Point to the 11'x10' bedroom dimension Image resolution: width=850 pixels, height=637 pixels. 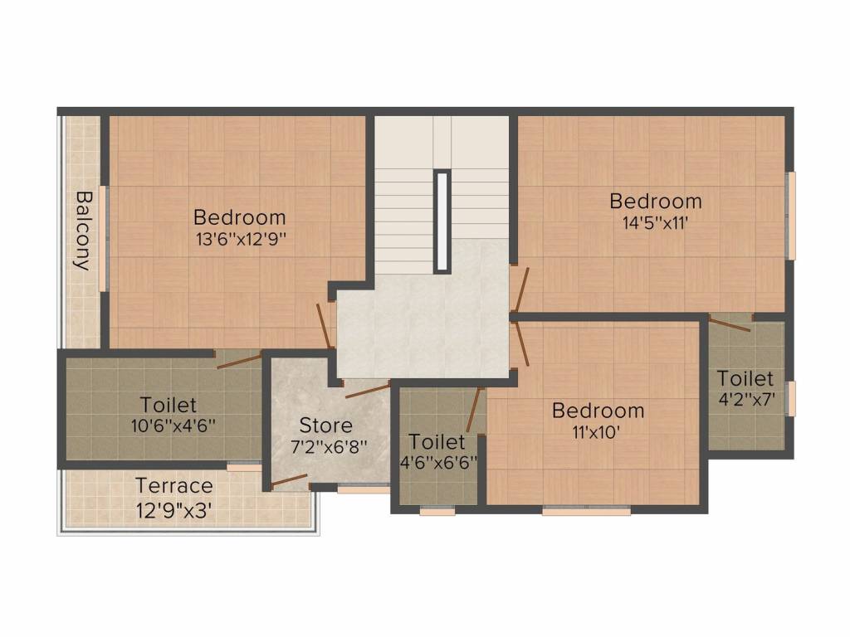598,431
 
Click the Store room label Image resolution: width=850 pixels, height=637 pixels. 325,425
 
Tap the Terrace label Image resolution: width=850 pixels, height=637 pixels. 174,485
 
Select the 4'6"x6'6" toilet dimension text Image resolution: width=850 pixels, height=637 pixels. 437,462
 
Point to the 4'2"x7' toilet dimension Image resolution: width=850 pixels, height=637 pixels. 746,399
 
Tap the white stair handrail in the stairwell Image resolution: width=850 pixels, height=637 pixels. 442,221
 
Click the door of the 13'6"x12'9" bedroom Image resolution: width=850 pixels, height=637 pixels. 325,325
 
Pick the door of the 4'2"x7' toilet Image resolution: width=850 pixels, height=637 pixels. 730,324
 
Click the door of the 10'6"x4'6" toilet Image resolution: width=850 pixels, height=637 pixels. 238,360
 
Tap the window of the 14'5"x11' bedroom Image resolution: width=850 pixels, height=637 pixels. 791,216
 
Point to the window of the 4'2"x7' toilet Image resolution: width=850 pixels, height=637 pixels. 791,399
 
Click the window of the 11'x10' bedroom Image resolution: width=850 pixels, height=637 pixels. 586,511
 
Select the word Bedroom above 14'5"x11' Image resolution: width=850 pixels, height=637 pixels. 656,201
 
